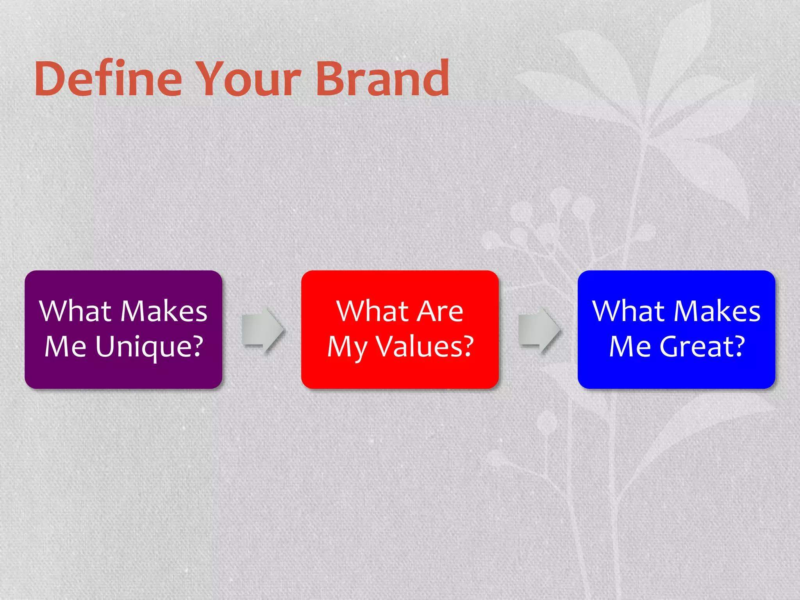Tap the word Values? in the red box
pos(425,347)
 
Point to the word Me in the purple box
pos(65,347)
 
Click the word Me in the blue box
pos(630,347)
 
